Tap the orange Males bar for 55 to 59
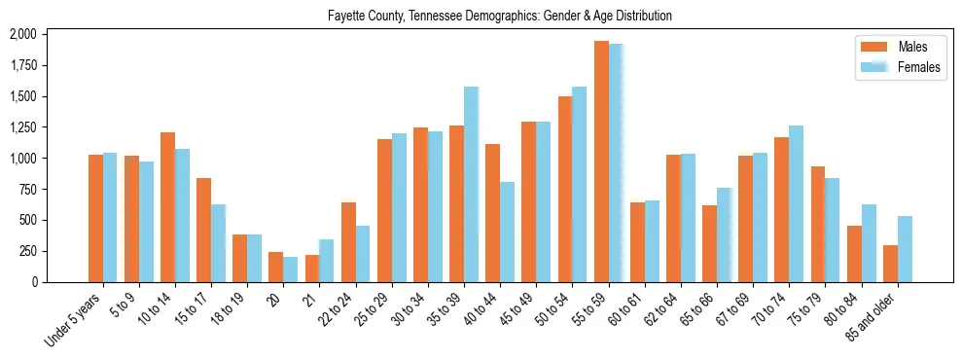[601, 162]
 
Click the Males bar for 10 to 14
[167, 207]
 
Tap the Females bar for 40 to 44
[507, 232]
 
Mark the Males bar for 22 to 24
[348, 242]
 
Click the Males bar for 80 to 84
[854, 254]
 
